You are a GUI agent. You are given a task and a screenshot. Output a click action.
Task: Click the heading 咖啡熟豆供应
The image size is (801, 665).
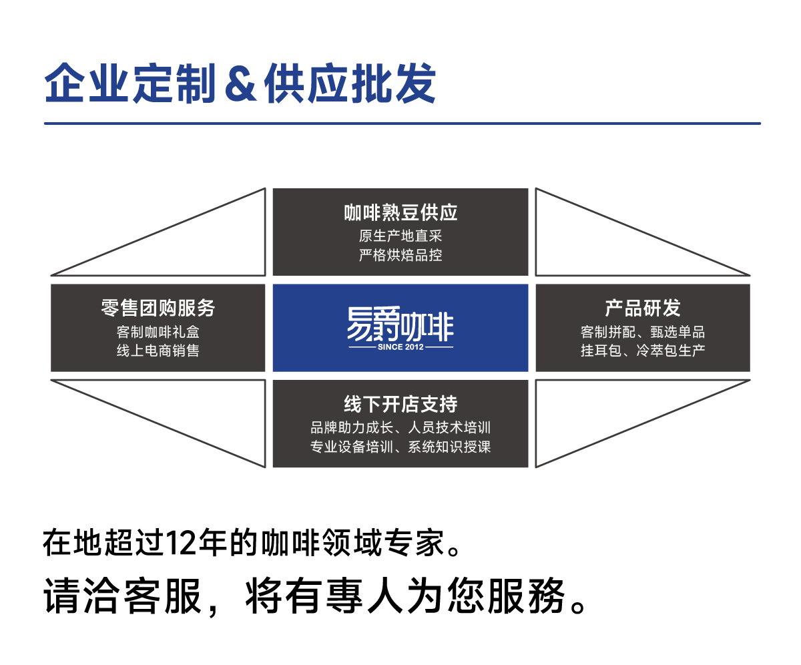coord(400,213)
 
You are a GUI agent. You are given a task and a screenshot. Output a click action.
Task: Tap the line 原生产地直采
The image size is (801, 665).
coord(400,236)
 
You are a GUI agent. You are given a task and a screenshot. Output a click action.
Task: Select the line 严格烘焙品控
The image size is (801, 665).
coord(400,255)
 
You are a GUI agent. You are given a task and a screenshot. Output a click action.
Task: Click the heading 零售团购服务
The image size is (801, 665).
coord(158,308)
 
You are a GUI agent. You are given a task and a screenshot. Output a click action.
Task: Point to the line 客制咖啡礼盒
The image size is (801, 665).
coord(158,331)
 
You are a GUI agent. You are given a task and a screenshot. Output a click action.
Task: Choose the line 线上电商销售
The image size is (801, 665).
coord(158,351)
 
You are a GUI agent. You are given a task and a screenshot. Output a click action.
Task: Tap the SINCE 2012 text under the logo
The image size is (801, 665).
coord(400,347)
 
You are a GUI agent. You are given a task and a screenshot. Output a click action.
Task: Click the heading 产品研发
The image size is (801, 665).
coord(643,308)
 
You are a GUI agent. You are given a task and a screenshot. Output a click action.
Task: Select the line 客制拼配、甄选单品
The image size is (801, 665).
coord(643,331)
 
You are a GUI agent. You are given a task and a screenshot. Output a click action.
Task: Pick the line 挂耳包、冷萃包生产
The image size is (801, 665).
coord(643,351)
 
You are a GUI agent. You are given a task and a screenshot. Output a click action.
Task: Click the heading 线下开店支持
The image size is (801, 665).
coord(400,404)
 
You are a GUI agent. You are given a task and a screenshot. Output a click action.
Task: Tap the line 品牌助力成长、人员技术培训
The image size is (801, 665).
coord(400,427)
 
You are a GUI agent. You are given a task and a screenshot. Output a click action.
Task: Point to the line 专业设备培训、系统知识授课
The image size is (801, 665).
coord(400,447)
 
